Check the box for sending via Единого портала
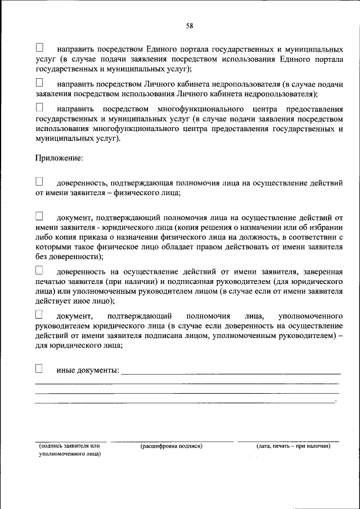click(39, 48)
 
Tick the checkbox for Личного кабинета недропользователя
click(39, 83)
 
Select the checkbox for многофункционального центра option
click(39, 107)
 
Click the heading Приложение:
click(59, 159)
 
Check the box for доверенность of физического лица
click(39, 182)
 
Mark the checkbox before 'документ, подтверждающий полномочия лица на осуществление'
click(39, 216)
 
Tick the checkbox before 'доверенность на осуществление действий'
click(39, 271)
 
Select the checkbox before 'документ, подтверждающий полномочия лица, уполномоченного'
click(39, 314)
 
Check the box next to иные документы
click(39, 369)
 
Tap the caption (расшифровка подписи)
click(171, 446)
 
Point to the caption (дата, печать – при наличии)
click(293, 446)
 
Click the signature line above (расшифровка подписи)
click(172, 441)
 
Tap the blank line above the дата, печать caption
click(288, 441)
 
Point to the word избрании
click(326, 227)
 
